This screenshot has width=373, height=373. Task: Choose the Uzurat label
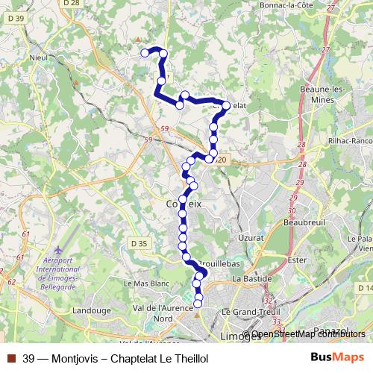coord(251,236)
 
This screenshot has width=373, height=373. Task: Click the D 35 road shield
coord(138,243)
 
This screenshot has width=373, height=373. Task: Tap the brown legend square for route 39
coord(10,358)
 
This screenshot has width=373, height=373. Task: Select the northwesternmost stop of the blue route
coord(145,52)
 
